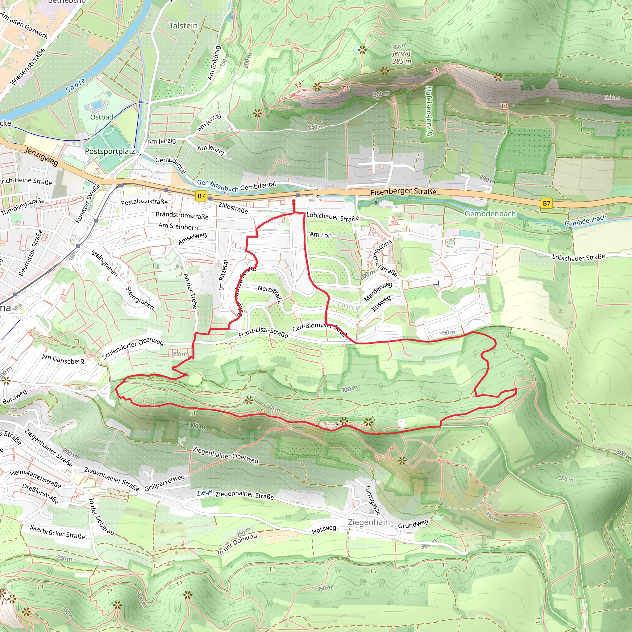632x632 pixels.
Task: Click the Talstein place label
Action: pos(183,26)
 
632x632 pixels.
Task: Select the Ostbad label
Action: pos(102,117)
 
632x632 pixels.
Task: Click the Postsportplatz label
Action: pos(110,151)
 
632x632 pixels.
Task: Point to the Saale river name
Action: pos(76,86)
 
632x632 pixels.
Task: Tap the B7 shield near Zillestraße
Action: pos(201,196)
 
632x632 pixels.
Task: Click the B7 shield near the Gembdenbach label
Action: pos(546,203)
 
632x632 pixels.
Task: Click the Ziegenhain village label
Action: pos(369,522)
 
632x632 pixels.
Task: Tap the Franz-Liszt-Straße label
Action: pos(263,332)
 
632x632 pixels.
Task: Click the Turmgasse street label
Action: pos(372,500)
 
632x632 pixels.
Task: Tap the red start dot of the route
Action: pos(294,201)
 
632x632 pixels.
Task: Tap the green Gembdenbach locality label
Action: pos(490,214)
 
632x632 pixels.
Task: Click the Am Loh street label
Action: pos(321,235)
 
